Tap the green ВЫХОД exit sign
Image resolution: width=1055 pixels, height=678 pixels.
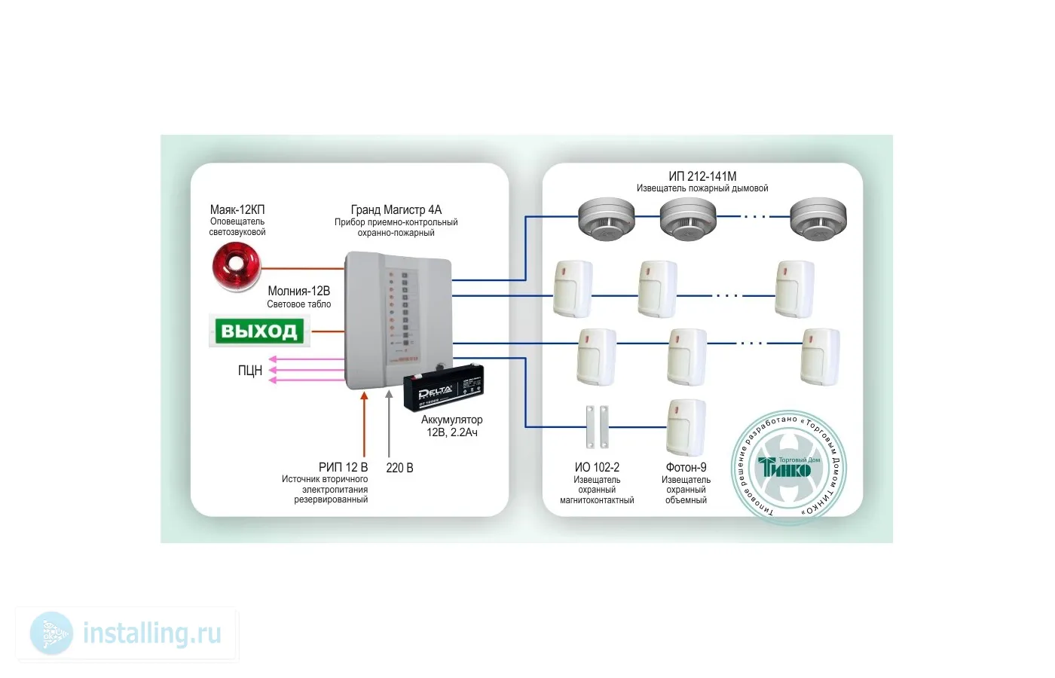(259, 331)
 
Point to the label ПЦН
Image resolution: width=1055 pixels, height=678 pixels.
(250, 371)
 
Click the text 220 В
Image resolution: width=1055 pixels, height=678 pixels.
(399, 468)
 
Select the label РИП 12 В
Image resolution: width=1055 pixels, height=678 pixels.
(343, 467)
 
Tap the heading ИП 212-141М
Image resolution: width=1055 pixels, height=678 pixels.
(702, 176)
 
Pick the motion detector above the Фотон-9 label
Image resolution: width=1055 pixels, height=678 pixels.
(686, 427)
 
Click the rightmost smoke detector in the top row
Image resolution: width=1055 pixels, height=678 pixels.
(818, 218)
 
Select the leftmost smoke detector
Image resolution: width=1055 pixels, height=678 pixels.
(607, 218)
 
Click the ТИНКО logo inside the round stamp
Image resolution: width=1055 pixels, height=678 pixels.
(788, 467)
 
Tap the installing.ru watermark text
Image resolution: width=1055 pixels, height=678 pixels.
(151, 634)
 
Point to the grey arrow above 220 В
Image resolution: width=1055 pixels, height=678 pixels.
(389, 422)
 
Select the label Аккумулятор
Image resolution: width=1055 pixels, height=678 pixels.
(451, 420)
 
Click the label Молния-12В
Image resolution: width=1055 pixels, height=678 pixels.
(298, 291)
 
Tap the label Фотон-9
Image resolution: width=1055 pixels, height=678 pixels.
(686, 467)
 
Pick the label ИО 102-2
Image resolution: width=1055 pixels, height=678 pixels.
(597, 467)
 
